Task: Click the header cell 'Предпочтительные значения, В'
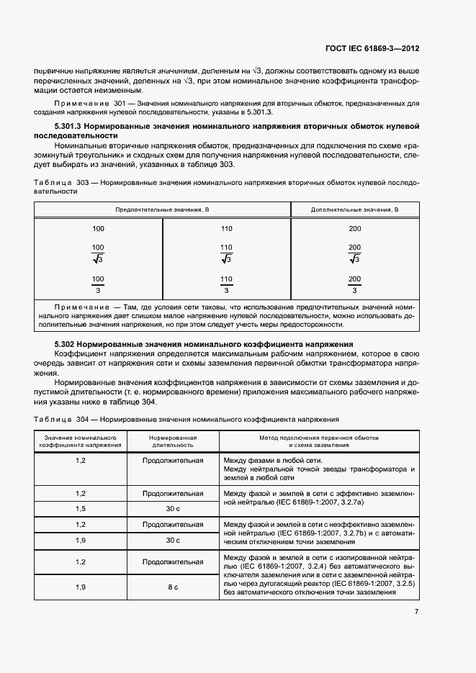tap(163, 209)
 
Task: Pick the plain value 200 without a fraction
tap(354, 228)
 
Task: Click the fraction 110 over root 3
tap(226, 253)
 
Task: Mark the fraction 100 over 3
tap(99, 284)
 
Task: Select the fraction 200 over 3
tap(354, 284)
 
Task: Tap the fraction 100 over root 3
tap(99, 253)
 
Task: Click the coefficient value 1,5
tap(81, 507)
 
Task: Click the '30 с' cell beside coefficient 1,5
tap(173, 507)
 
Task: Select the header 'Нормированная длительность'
tap(173, 441)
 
